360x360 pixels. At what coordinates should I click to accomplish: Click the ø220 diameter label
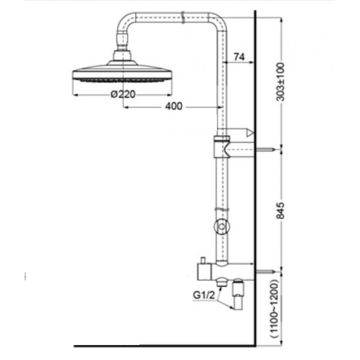click(x=123, y=95)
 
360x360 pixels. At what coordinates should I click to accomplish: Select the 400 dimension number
click(x=174, y=106)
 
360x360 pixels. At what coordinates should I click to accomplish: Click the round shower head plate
click(x=123, y=73)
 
